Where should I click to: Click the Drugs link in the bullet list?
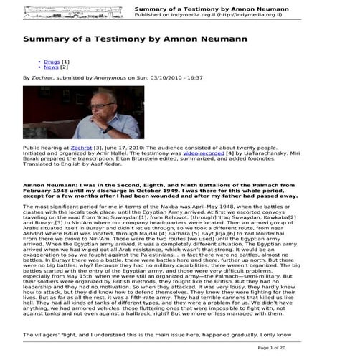click(x=52, y=62)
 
